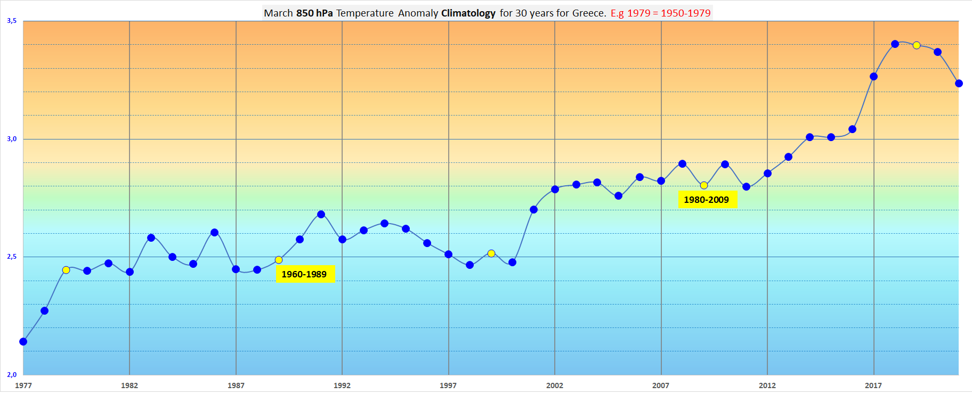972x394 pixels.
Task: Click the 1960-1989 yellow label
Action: tap(304, 274)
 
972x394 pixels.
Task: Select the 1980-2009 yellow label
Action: tap(706, 200)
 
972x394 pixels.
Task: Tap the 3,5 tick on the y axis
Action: tap(12, 21)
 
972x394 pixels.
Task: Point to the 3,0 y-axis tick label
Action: tap(12, 139)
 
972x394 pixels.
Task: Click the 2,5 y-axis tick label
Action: tap(12, 257)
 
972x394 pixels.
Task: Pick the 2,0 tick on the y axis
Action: tap(12, 375)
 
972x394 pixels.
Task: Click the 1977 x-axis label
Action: tap(23, 385)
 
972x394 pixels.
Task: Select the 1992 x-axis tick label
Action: tap(342, 385)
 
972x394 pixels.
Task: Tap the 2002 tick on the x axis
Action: tap(555, 385)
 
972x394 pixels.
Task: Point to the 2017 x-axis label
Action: tap(873, 385)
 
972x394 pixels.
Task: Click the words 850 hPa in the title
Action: tap(314, 13)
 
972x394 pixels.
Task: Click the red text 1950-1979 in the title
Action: tap(686, 13)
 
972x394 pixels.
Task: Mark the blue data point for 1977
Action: tap(23, 341)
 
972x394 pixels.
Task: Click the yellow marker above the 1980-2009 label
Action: tap(704, 185)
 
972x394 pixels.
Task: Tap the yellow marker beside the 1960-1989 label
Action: tap(279, 260)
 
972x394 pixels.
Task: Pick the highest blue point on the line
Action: tap(895, 44)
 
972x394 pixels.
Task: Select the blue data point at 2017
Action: tap(873, 77)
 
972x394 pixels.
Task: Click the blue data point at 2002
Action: tap(555, 190)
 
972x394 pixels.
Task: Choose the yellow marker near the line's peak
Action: tap(917, 45)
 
